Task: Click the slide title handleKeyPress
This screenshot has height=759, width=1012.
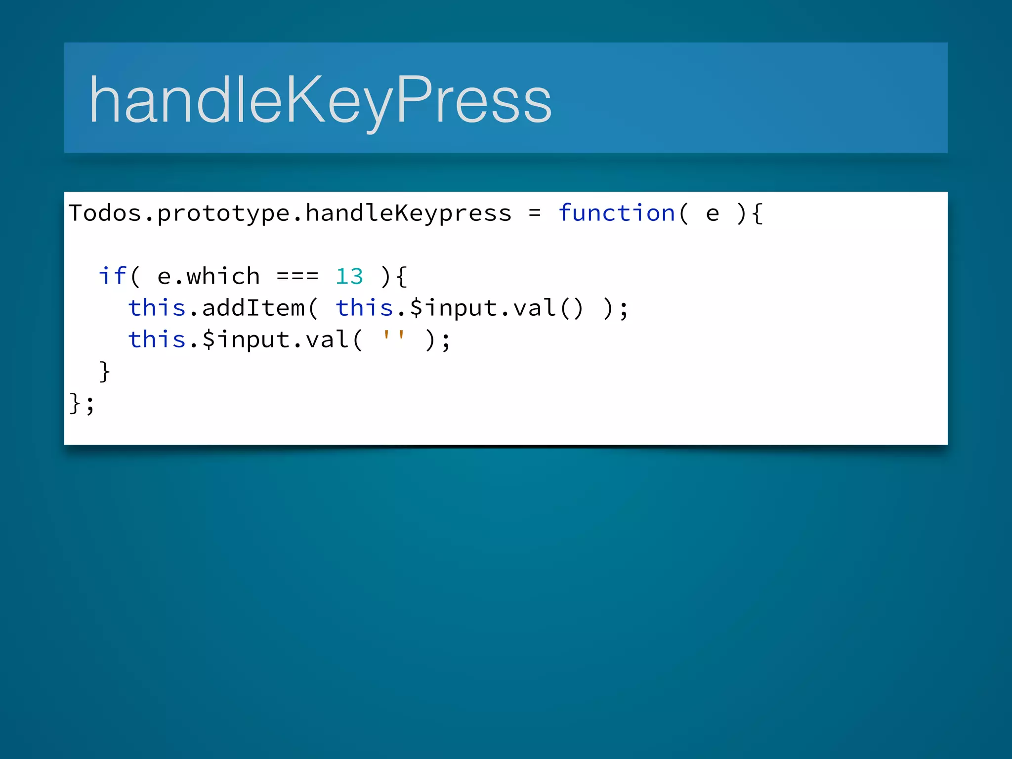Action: coord(320,99)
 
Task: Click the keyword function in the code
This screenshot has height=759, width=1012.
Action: coord(617,213)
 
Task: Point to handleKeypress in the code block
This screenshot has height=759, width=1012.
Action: coord(409,213)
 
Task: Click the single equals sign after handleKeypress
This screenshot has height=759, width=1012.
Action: coord(534,213)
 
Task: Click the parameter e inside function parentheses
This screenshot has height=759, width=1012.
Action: coord(712,213)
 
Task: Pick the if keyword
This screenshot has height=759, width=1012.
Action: coord(113,276)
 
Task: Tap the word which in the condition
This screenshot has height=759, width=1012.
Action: coord(223,276)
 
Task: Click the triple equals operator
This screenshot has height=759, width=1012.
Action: coord(297,276)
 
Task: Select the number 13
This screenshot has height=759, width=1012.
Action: coord(349,276)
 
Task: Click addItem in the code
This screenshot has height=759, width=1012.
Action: coord(253,308)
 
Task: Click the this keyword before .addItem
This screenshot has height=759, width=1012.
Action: coord(157,307)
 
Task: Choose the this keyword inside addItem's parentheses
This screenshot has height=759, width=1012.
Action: coord(364,307)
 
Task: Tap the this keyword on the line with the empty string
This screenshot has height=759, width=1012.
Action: coord(157,339)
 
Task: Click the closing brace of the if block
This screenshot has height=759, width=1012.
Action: coord(104,371)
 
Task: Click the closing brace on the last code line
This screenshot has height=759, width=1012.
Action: coord(75,403)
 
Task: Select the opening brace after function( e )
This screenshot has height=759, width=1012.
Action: coord(757,213)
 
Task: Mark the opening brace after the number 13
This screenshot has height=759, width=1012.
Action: coord(401,276)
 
